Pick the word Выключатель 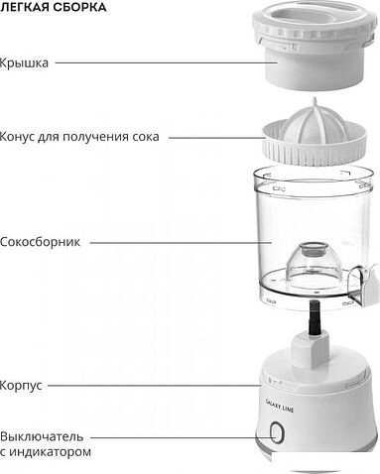click(43, 435)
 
